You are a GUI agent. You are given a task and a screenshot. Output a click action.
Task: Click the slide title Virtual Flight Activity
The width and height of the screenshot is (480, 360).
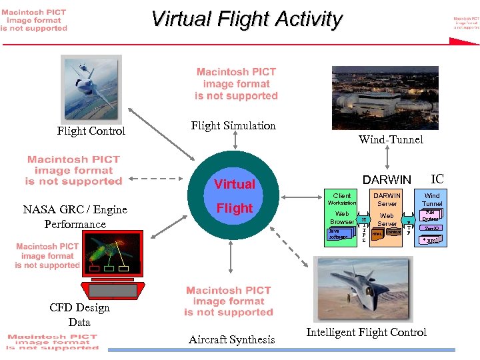point(246,19)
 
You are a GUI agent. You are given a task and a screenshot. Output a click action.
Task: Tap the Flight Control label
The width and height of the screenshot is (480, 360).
point(91,131)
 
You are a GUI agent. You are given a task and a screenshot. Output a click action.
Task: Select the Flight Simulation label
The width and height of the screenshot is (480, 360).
point(233,125)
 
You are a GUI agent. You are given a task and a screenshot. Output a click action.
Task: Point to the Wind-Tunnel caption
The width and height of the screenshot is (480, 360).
point(390,139)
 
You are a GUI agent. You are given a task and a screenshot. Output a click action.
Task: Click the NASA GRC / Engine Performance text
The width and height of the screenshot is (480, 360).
point(75,217)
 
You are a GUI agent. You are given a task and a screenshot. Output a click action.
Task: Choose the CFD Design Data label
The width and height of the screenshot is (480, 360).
point(79,315)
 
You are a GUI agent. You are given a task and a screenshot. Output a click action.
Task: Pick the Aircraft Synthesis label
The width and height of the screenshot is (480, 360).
point(231,339)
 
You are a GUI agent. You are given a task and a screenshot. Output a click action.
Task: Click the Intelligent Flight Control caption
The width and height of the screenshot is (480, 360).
point(366,332)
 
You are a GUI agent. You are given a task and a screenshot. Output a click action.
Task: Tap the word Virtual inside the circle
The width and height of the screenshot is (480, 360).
point(234,184)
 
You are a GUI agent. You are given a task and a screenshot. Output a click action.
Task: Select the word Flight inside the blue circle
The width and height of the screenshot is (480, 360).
point(234,209)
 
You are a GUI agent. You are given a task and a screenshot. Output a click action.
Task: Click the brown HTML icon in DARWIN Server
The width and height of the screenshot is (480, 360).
point(377,234)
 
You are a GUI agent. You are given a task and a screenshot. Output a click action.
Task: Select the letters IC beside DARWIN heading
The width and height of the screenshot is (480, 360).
point(437,179)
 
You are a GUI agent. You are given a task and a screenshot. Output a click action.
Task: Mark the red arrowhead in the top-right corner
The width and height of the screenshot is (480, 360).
point(464,41)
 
